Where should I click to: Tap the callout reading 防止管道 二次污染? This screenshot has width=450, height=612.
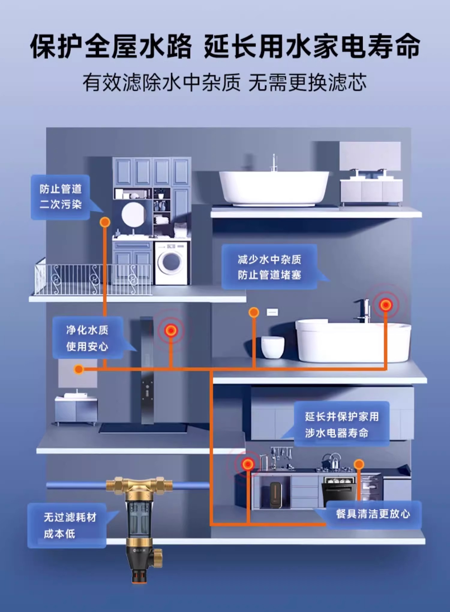61,197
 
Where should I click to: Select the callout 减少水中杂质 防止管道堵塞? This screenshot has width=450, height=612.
269,267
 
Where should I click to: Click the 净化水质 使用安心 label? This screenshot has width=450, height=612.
87,338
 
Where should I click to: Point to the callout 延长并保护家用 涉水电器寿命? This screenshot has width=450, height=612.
341,424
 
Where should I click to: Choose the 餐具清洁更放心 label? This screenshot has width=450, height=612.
373,514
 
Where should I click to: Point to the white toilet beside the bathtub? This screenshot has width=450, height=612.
272,346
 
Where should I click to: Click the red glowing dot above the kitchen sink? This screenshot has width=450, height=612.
248,464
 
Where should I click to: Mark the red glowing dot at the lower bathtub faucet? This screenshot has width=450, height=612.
385,305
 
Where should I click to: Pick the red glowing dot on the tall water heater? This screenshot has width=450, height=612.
171,330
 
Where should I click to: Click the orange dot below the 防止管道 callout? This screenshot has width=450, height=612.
105,222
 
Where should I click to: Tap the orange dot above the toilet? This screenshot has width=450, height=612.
254,312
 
